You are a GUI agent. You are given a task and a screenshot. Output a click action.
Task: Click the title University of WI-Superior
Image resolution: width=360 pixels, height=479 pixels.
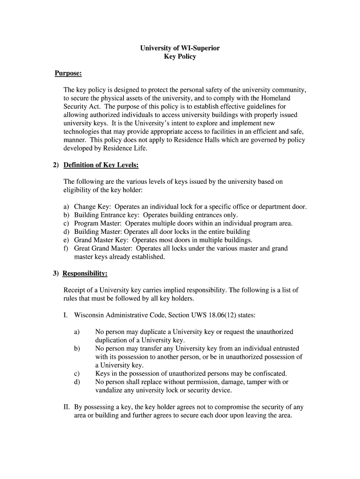point(180,48)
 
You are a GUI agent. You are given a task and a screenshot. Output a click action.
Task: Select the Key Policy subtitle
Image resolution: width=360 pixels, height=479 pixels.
point(180,57)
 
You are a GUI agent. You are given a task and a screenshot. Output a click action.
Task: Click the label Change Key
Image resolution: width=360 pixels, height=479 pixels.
point(92,207)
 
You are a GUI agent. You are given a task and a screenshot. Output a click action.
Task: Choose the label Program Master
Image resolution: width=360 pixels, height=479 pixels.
point(98,224)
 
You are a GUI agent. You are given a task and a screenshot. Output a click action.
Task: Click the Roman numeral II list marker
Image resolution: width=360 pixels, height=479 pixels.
point(67,407)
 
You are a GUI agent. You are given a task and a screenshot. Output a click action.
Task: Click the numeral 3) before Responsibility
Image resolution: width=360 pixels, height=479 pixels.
point(56,274)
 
